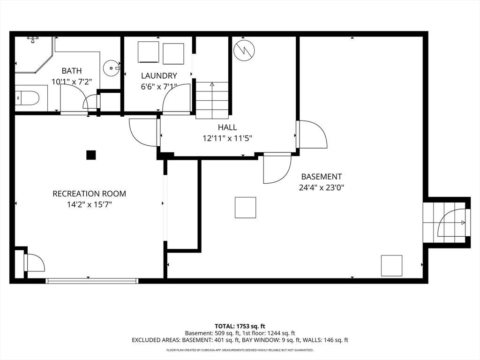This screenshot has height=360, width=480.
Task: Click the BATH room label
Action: coord(72,71)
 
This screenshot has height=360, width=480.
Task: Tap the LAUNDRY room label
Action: coord(159,75)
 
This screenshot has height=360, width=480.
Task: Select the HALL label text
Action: coord(227,127)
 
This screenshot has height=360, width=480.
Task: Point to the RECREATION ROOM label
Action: coord(89,194)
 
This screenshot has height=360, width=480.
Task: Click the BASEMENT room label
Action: coord(322,177)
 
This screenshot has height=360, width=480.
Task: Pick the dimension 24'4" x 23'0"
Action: coord(322,187)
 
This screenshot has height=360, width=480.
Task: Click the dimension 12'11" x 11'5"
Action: coord(227,138)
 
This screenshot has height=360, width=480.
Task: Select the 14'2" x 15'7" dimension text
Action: coord(90,204)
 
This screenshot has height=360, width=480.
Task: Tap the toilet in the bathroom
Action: coord(27,98)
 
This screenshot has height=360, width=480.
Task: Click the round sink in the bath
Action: coord(111,68)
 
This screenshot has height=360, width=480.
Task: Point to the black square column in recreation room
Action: coord(91,155)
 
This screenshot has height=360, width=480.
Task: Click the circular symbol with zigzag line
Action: coord(244,50)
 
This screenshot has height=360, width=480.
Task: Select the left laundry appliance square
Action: coord(148,52)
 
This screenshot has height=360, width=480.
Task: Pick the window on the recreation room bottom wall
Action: coord(92,281)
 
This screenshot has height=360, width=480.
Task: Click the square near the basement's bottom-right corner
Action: coord(391,266)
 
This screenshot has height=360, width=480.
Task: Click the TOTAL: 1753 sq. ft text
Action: coord(240,326)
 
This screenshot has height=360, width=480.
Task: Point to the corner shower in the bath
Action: coord(34,55)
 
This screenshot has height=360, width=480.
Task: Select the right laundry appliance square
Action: coord(173,54)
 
